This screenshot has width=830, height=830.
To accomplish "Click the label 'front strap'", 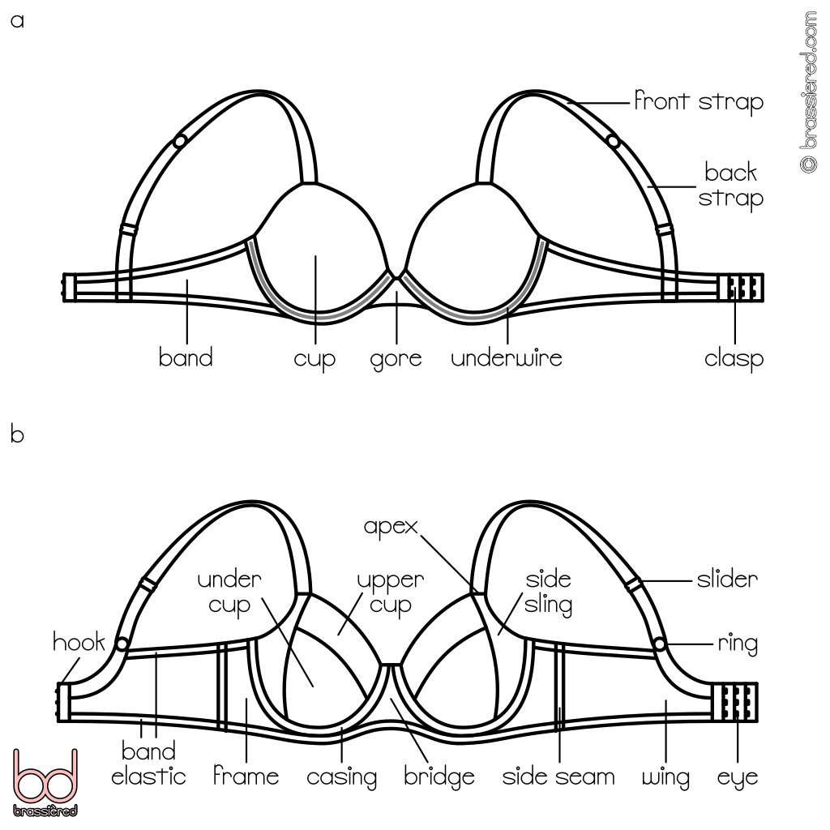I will pos(698,103).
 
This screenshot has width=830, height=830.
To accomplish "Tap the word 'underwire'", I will pos(506,357).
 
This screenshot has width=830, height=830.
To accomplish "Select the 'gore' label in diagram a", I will pos(396,357).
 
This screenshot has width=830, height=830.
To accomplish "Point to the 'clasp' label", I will pos(734,357).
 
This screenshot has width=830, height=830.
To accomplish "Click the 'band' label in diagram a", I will pos(186,357).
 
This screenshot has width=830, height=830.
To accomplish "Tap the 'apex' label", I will pos(390,526).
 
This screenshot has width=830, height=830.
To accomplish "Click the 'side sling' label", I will pos(549,593).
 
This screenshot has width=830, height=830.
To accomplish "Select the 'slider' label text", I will pos(727,580).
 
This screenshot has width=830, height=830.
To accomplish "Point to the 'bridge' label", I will pos(439,777).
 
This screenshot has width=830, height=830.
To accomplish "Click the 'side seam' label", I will pos(558,777).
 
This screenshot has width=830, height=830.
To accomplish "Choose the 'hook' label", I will pos(79,643).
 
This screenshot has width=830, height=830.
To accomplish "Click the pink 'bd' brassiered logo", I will pos(46,781).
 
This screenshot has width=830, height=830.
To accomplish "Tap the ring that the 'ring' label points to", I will pos(660,644).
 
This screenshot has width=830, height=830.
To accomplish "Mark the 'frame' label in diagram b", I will pos(246,777).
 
